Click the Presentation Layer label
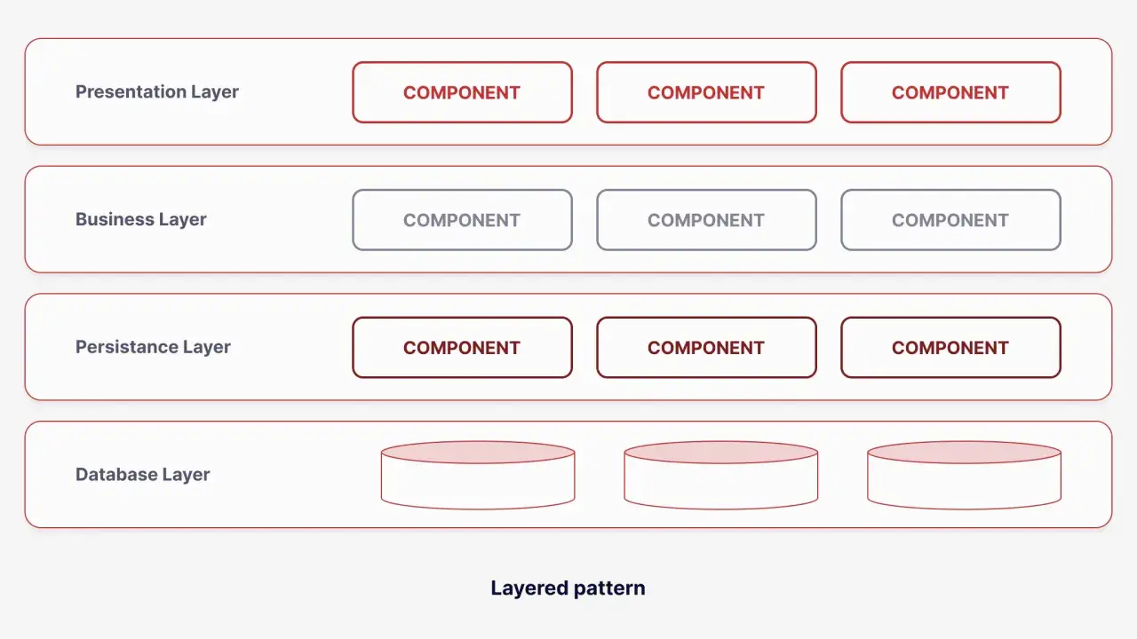click(157, 92)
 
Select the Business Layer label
click(140, 219)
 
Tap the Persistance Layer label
click(153, 347)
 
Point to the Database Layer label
click(142, 475)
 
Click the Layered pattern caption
click(568, 588)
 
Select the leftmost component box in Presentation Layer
click(463, 92)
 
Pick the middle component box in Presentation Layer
click(706, 92)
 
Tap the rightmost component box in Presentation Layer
click(950, 92)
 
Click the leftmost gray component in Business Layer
click(463, 220)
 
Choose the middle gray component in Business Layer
click(706, 220)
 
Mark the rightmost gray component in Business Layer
click(950, 220)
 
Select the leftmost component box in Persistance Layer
click(463, 347)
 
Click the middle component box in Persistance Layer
click(706, 347)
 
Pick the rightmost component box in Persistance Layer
click(950, 347)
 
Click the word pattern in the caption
click(609, 589)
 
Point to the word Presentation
click(131, 91)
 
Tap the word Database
click(116, 474)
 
